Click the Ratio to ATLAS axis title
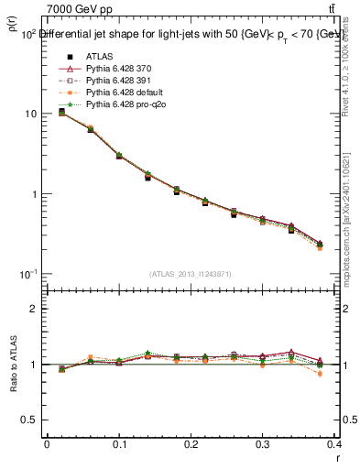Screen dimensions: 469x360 click(12, 365)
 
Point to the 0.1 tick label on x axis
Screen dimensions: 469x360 click(117, 444)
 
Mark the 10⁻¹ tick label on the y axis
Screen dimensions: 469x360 click(27, 274)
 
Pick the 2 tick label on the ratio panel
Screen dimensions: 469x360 click(33, 309)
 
